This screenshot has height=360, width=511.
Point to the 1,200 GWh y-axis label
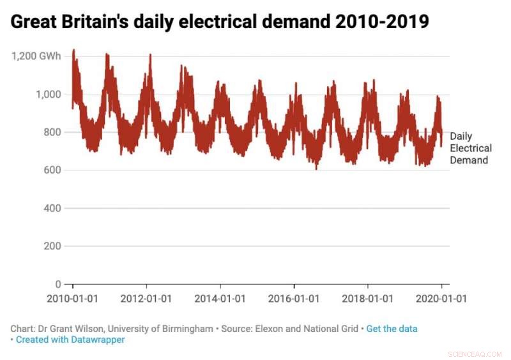[x=36, y=56]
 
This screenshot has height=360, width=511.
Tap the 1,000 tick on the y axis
[x=48, y=94]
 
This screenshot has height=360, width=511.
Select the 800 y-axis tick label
[x=52, y=132]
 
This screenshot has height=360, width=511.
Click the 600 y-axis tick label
[x=52, y=170]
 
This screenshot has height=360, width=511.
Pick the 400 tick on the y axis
[x=52, y=208]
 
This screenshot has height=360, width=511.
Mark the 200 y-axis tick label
[x=52, y=246]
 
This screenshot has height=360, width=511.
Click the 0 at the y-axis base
[x=58, y=284]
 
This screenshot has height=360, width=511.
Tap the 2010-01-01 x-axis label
[x=72, y=298]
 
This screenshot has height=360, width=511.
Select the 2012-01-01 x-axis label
[x=146, y=298]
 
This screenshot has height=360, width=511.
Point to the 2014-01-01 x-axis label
[x=220, y=298]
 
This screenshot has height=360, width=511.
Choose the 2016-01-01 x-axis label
[x=294, y=298]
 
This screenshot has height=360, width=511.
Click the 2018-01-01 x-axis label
[x=368, y=298]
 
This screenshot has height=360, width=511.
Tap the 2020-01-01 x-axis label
[x=441, y=298]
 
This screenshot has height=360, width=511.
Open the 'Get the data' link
[x=392, y=329]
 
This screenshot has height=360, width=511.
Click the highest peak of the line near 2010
[x=74, y=50]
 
